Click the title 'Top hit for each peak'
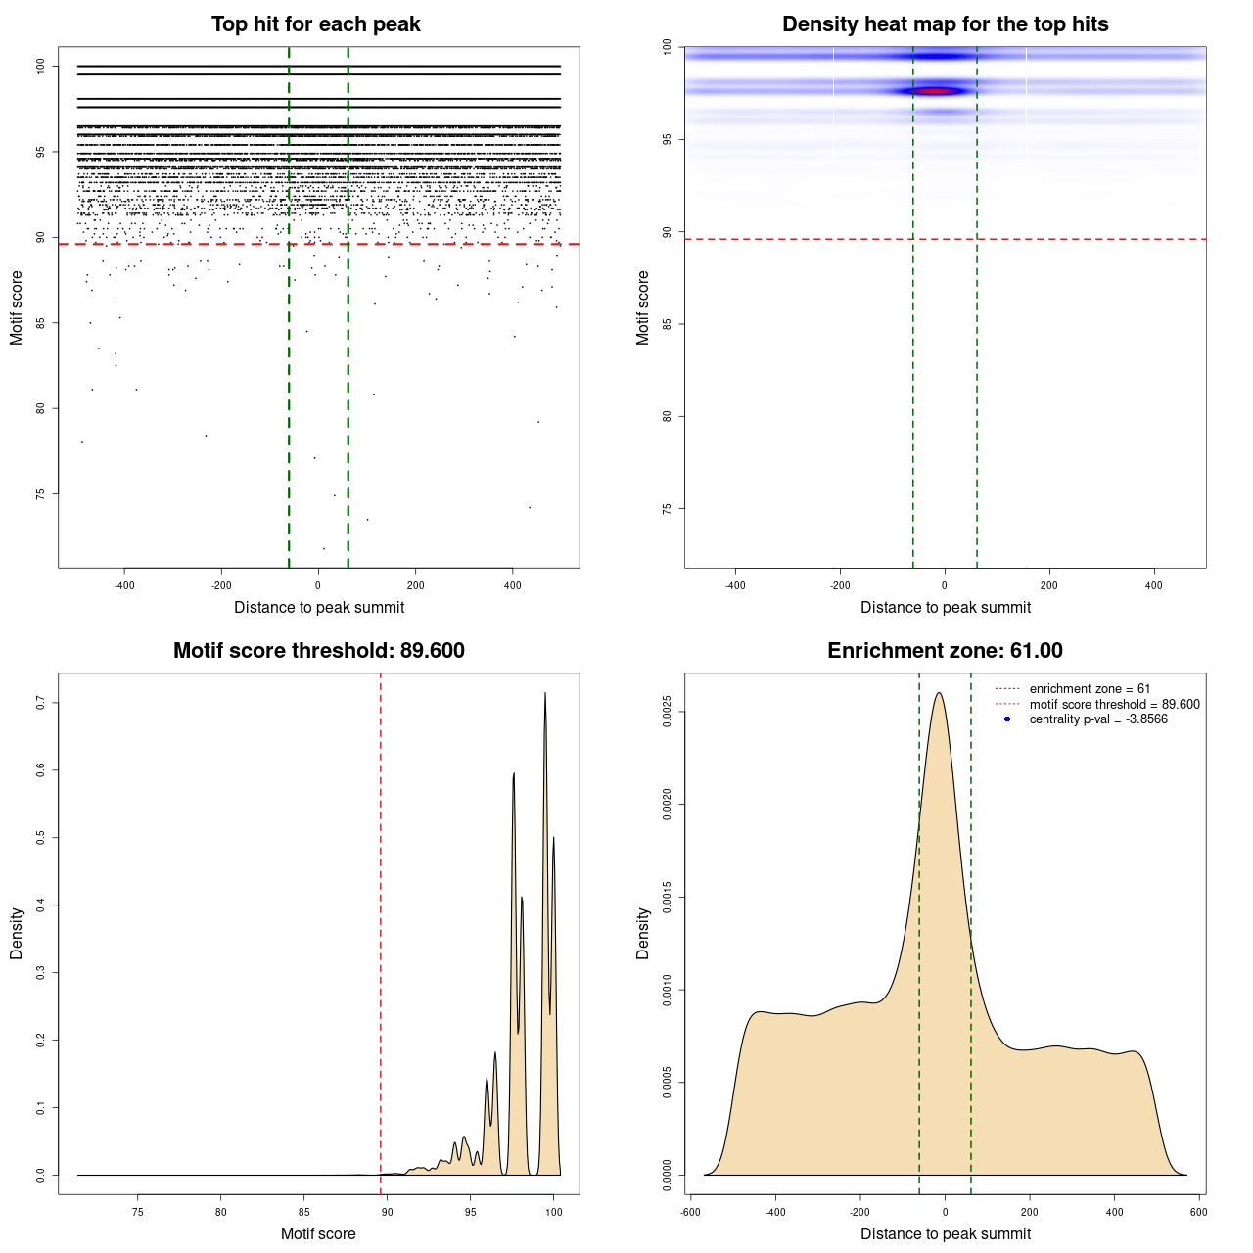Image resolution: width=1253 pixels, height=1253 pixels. [x=315, y=24]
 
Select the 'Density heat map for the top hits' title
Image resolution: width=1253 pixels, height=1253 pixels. [x=945, y=24]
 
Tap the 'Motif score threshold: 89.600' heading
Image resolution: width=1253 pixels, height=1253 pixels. [x=318, y=651]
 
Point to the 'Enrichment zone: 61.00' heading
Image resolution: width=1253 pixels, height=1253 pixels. [x=945, y=651]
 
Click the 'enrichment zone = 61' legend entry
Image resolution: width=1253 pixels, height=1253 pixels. [x=1090, y=689]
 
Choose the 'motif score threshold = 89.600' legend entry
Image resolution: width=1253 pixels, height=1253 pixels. [x=1114, y=704]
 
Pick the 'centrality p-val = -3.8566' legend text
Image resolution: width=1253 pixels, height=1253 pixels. [x=1098, y=719]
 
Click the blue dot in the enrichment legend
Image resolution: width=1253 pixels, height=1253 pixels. [x=1007, y=719]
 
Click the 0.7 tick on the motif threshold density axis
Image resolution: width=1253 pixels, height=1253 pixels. [x=40, y=703]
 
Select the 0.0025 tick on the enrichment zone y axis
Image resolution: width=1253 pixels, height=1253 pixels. [x=667, y=712]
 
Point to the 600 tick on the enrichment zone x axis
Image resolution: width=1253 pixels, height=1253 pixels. [x=1199, y=1212]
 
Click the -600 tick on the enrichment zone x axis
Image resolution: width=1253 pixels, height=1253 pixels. [x=690, y=1212]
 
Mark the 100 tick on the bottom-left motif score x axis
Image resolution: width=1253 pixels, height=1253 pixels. [x=554, y=1212]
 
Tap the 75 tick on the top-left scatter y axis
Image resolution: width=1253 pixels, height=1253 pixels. [x=40, y=494]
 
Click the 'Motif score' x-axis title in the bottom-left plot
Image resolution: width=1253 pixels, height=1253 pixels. [x=318, y=1233]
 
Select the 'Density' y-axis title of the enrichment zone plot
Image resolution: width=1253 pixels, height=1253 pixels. [x=643, y=933]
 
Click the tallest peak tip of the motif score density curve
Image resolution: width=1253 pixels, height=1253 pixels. [x=545, y=693]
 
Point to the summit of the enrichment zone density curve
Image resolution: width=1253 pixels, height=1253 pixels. [x=940, y=693]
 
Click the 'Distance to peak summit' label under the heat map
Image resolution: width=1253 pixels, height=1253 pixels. [x=945, y=607]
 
